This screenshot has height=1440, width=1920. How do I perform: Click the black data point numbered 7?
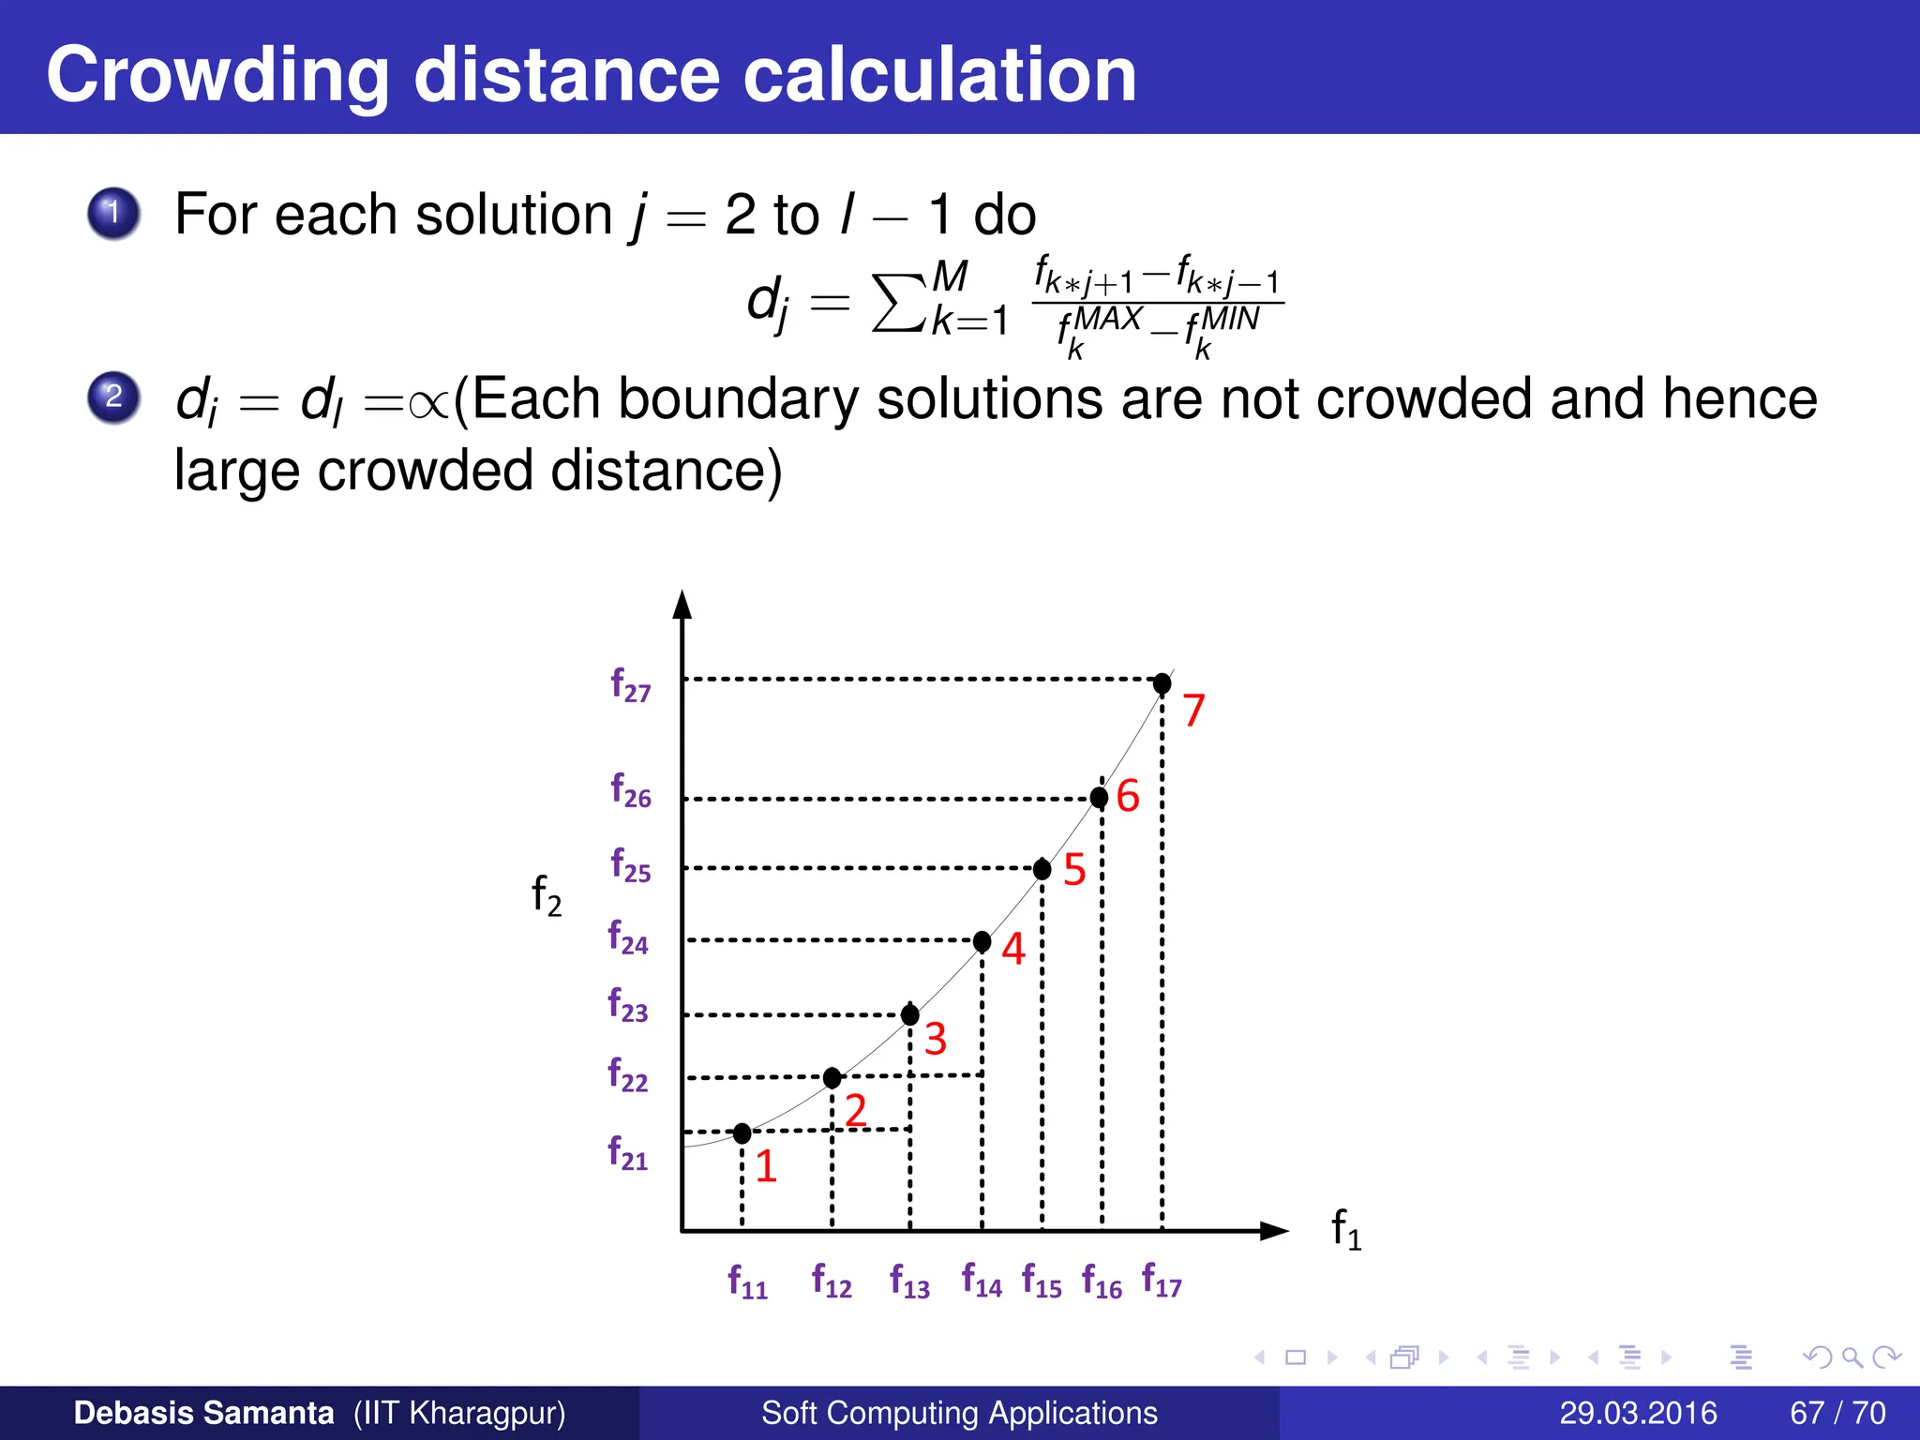pos(1162,682)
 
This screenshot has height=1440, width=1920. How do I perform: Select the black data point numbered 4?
pos(982,941)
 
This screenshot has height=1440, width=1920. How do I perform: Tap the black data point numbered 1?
pos(742,1133)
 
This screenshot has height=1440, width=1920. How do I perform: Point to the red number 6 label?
pos(1128,796)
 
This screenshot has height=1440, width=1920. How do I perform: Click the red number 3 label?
pos(935,1039)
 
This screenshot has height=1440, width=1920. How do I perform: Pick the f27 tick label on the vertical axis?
pos(630,685)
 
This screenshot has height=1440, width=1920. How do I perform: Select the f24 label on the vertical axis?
pos(628,937)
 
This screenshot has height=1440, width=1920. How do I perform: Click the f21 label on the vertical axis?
pos(628,1153)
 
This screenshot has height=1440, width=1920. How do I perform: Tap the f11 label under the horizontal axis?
pos(747,1282)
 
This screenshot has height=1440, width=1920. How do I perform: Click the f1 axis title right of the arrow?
pos(1346,1229)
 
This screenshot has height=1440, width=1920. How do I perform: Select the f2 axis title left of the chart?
pos(547,895)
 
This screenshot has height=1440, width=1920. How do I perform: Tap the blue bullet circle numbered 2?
pos(113,397)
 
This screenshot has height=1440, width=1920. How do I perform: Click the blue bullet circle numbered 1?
pos(113,213)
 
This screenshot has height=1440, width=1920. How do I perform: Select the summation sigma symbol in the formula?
pos(898,302)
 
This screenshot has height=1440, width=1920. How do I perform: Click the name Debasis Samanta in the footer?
pos(203,1413)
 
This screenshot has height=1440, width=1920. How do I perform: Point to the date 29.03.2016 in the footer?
pos(1638,1413)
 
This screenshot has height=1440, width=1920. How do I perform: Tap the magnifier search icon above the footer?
pos(1852,1357)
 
